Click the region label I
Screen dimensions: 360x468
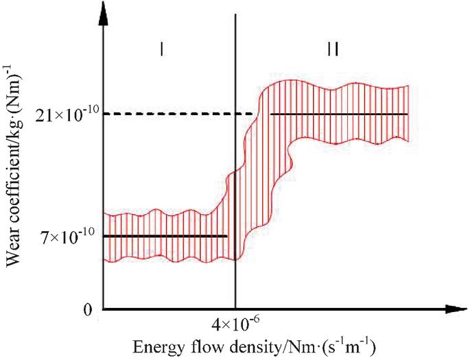tap(159, 51)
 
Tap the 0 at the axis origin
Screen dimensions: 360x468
tap(87, 310)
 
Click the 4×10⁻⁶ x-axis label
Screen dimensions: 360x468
tap(235, 322)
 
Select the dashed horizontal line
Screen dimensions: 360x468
tap(178, 114)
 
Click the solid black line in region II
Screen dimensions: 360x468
tap(339, 114)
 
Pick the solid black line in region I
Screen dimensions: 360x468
tap(165, 237)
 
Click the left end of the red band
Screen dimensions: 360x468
tap(104, 237)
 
